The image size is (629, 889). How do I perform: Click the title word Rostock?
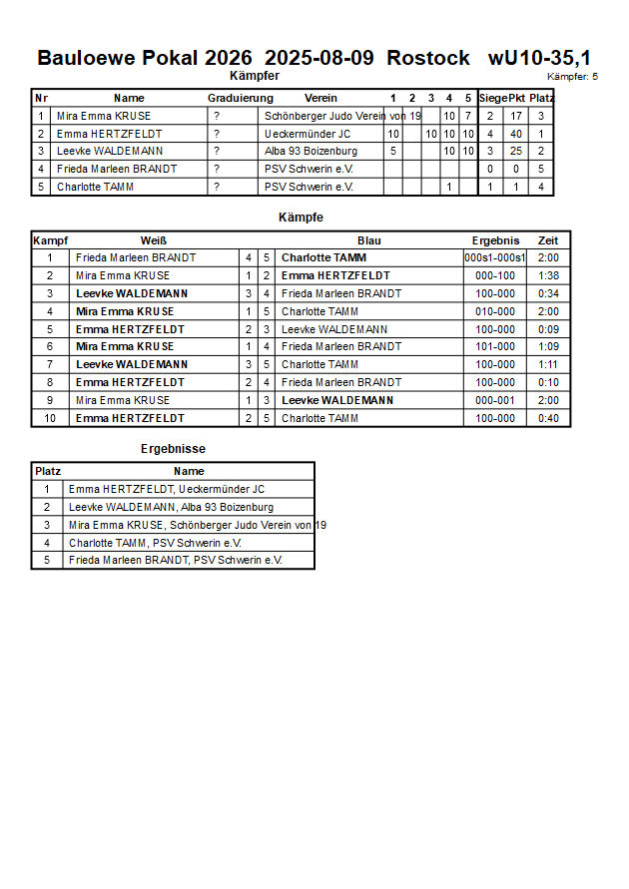(427, 58)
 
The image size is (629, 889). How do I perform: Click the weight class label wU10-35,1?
(539, 58)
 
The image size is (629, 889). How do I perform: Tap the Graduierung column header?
(240, 98)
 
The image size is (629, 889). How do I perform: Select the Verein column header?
(320, 98)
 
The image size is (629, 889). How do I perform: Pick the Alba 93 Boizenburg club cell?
(311, 152)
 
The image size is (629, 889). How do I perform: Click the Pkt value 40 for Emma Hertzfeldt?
(516, 134)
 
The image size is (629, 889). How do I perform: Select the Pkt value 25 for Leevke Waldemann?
(516, 152)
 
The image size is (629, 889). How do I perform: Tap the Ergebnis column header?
(495, 240)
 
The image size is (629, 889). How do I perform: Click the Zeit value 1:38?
(548, 275)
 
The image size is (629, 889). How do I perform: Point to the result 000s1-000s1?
(495, 257)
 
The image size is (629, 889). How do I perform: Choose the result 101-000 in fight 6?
(495, 346)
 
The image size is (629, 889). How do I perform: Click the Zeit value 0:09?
(548, 329)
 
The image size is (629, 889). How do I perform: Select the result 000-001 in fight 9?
(495, 400)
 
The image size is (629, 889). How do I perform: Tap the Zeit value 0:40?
(548, 418)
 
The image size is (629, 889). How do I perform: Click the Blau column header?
(368, 240)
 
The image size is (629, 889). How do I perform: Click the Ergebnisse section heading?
(173, 449)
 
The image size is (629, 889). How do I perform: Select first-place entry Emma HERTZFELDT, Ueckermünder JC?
(167, 489)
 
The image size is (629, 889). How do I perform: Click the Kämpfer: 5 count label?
(572, 77)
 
